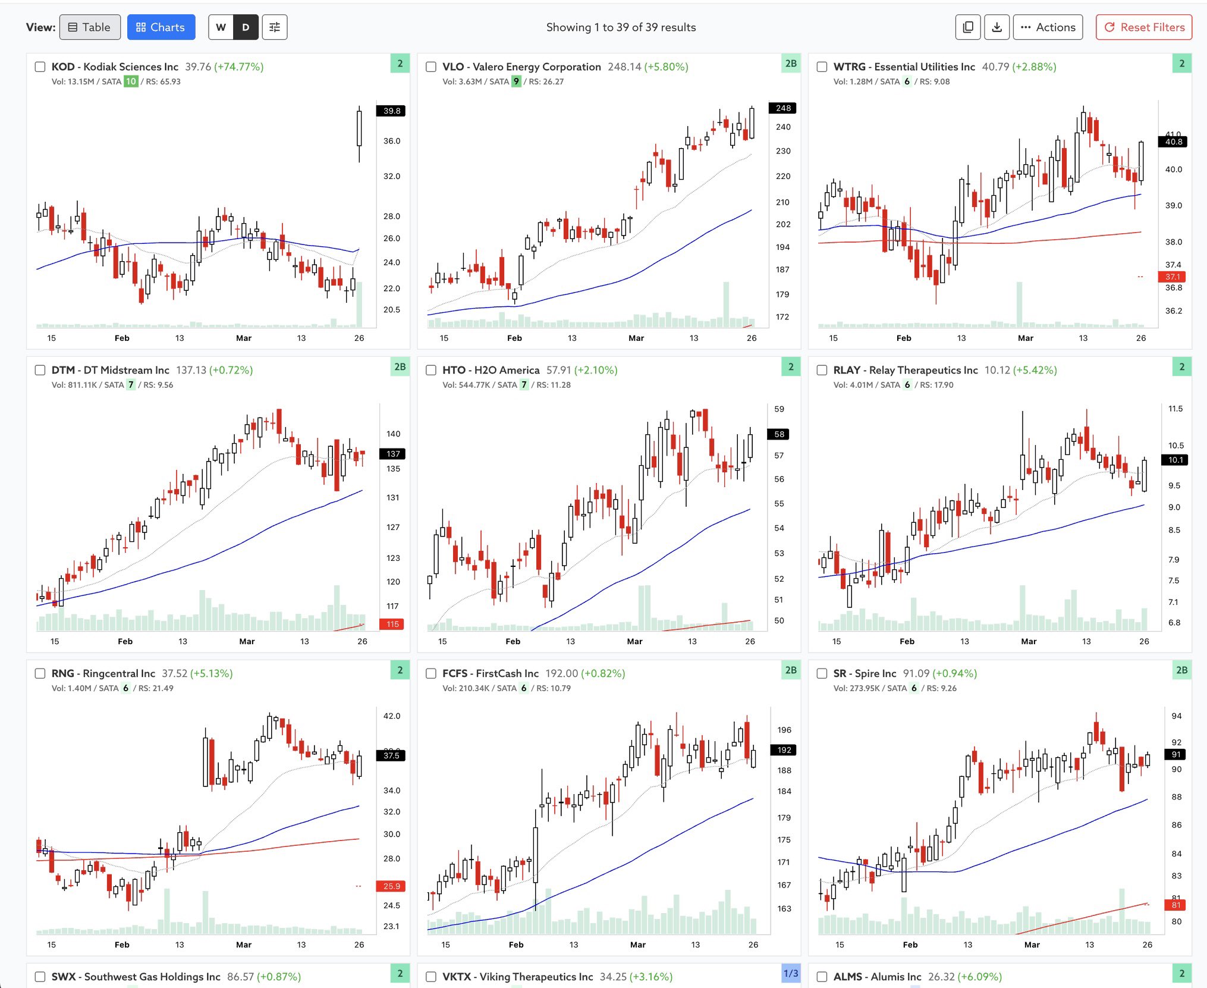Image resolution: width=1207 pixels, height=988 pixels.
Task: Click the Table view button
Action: coord(90,27)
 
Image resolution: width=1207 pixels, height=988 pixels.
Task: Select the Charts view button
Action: coord(161,27)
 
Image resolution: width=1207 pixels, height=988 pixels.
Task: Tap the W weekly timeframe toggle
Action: coord(221,27)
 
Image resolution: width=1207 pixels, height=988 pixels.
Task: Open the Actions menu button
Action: coord(1048,27)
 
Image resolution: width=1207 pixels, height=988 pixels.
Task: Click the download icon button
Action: coord(997,27)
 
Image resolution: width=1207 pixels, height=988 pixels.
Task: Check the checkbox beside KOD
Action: coord(40,67)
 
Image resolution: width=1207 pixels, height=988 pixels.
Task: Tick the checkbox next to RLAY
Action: coord(822,370)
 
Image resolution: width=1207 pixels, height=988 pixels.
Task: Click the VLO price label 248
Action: coord(783,108)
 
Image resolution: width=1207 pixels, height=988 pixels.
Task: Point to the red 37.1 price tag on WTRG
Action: coord(1173,277)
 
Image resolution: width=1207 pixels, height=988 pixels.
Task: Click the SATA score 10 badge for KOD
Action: coord(131,81)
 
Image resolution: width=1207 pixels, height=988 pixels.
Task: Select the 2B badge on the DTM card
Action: coord(400,367)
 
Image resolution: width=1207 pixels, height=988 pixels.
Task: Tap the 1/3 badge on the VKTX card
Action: coord(791,974)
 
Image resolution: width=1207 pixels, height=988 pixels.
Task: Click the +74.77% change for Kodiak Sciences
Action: coord(239,67)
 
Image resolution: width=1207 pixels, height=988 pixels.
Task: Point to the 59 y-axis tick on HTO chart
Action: coord(779,409)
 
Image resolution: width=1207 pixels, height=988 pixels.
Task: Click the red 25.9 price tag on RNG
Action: coord(391,886)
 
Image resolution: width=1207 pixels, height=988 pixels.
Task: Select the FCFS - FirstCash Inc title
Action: coord(490,673)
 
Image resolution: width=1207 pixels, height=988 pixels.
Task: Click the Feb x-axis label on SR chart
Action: coord(910,945)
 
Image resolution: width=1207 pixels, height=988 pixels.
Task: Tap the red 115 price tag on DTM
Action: coord(392,624)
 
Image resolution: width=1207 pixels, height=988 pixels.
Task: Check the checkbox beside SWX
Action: coord(40,977)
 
